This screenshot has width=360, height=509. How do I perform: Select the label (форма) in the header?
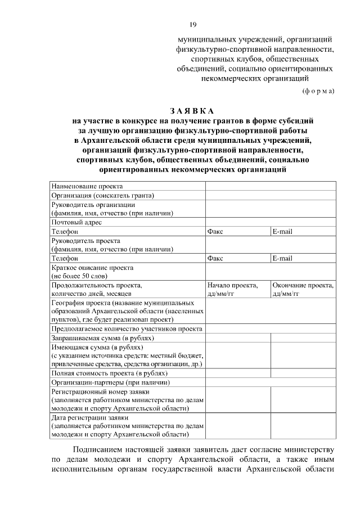click(318, 91)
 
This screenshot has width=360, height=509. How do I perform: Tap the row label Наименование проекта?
click(87, 186)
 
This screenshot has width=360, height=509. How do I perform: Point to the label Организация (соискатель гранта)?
click(103, 195)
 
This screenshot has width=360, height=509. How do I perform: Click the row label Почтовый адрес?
click(77, 222)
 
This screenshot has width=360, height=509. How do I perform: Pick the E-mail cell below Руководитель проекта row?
click(282, 258)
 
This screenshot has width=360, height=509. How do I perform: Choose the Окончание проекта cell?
click(303, 286)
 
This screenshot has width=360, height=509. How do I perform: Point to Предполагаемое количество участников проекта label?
click(127, 329)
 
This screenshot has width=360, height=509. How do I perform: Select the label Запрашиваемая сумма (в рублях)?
click(103, 338)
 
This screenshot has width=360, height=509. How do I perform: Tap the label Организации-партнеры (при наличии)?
click(107, 382)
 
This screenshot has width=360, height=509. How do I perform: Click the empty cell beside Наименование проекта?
click(271, 186)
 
